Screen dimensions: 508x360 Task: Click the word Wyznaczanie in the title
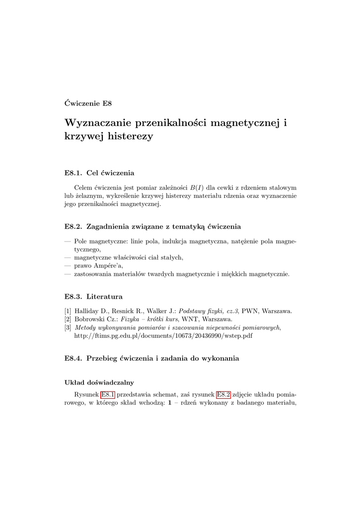(x=101, y=122)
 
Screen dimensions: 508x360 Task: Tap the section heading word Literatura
(x=104, y=297)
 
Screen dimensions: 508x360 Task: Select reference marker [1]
(x=68, y=311)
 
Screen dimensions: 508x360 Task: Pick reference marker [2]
(x=68, y=319)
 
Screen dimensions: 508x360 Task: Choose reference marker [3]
(x=68, y=328)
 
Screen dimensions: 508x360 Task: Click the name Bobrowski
(x=89, y=319)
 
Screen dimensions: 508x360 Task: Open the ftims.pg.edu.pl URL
(x=163, y=336)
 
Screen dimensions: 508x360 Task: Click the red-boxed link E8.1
(x=108, y=395)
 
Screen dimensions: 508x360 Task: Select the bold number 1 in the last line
(x=169, y=403)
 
